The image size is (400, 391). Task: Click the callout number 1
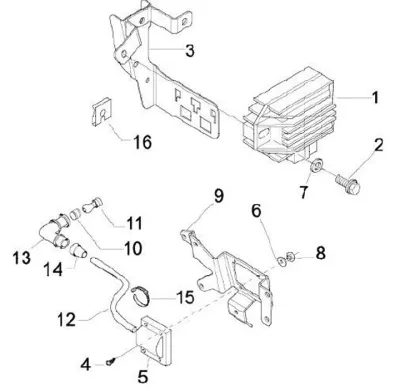375,98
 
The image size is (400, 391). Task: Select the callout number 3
190,51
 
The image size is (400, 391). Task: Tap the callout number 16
143,142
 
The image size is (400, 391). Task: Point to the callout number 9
218,196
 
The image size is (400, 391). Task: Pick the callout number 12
67,319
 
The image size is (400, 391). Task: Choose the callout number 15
185,297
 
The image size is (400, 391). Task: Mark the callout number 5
143,377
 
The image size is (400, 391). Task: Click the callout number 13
22,258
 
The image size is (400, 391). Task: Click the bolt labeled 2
348,183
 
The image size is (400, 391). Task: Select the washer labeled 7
315,166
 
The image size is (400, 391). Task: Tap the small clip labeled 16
101,112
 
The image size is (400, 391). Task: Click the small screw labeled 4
111,361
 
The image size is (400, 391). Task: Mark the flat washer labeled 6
282,261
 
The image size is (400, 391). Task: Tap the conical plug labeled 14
79,251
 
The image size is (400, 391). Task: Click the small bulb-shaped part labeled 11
93,204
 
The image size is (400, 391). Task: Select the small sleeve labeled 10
75,213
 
